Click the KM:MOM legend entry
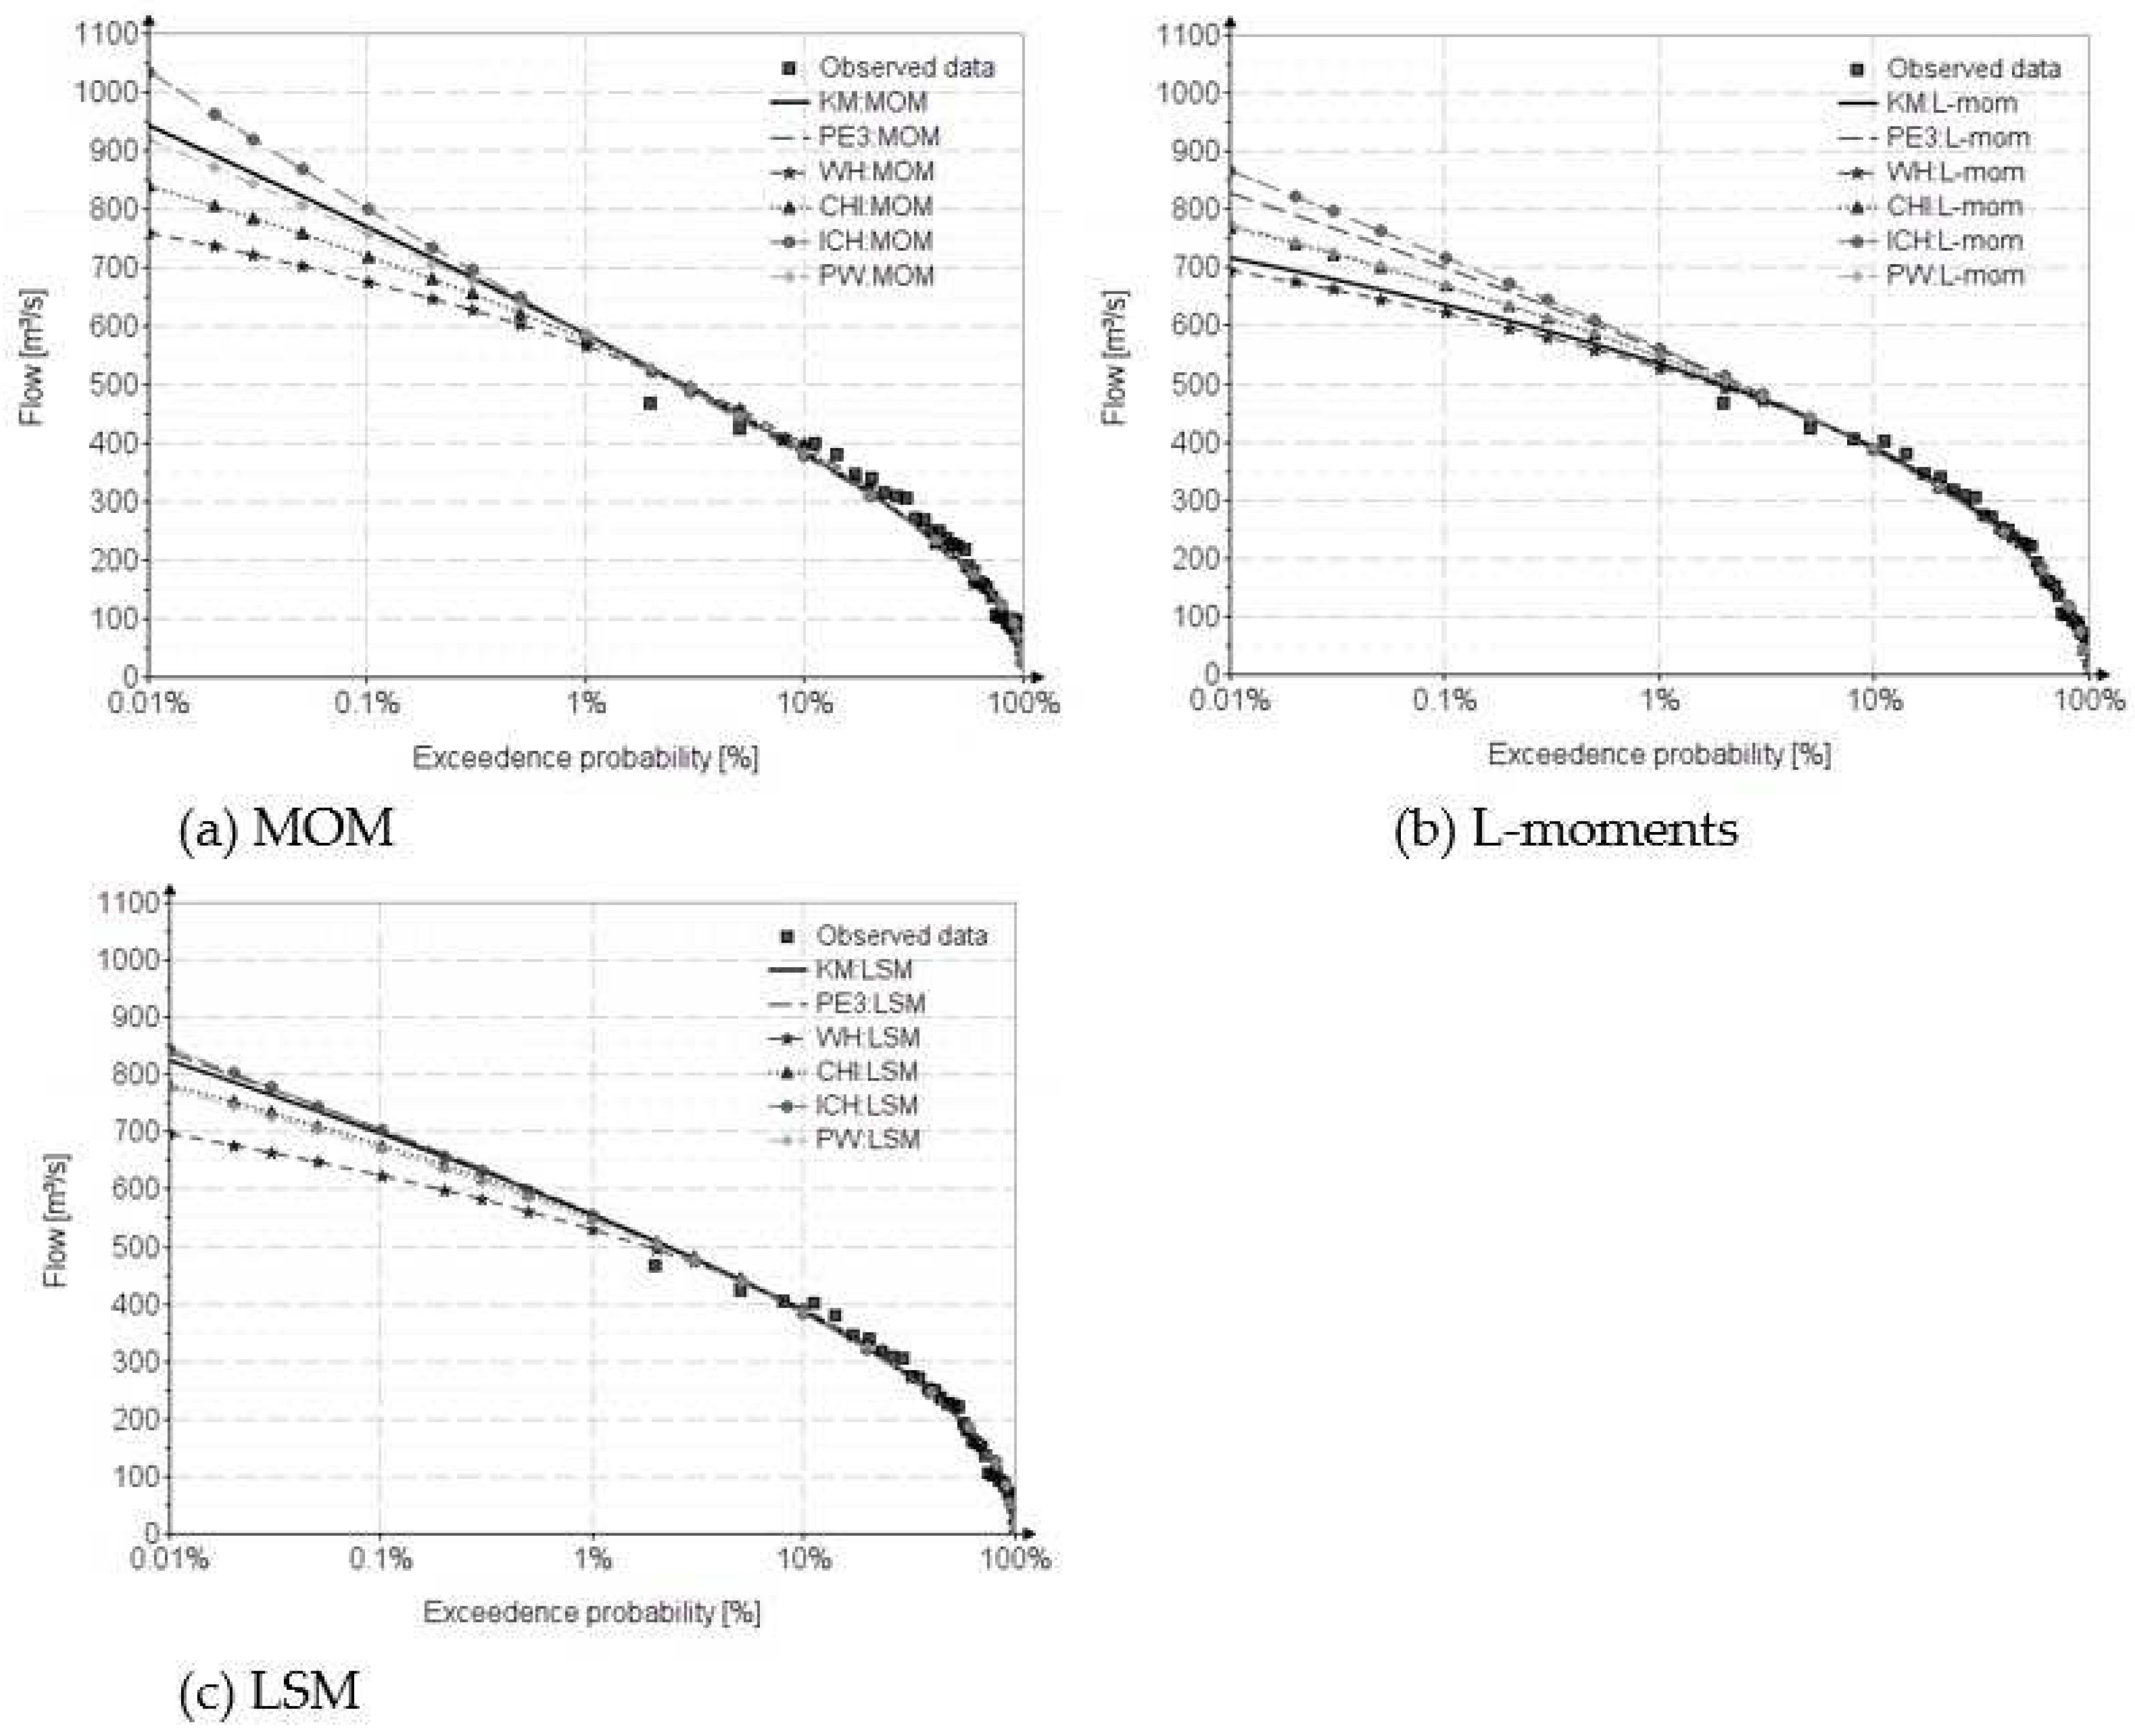[x=873, y=102]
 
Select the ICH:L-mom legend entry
[x=1953, y=241]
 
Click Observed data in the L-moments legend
[x=1973, y=69]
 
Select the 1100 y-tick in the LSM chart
[x=128, y=903]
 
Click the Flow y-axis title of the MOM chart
[x=33, y=356]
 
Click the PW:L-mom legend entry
[x=1955, y=275]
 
